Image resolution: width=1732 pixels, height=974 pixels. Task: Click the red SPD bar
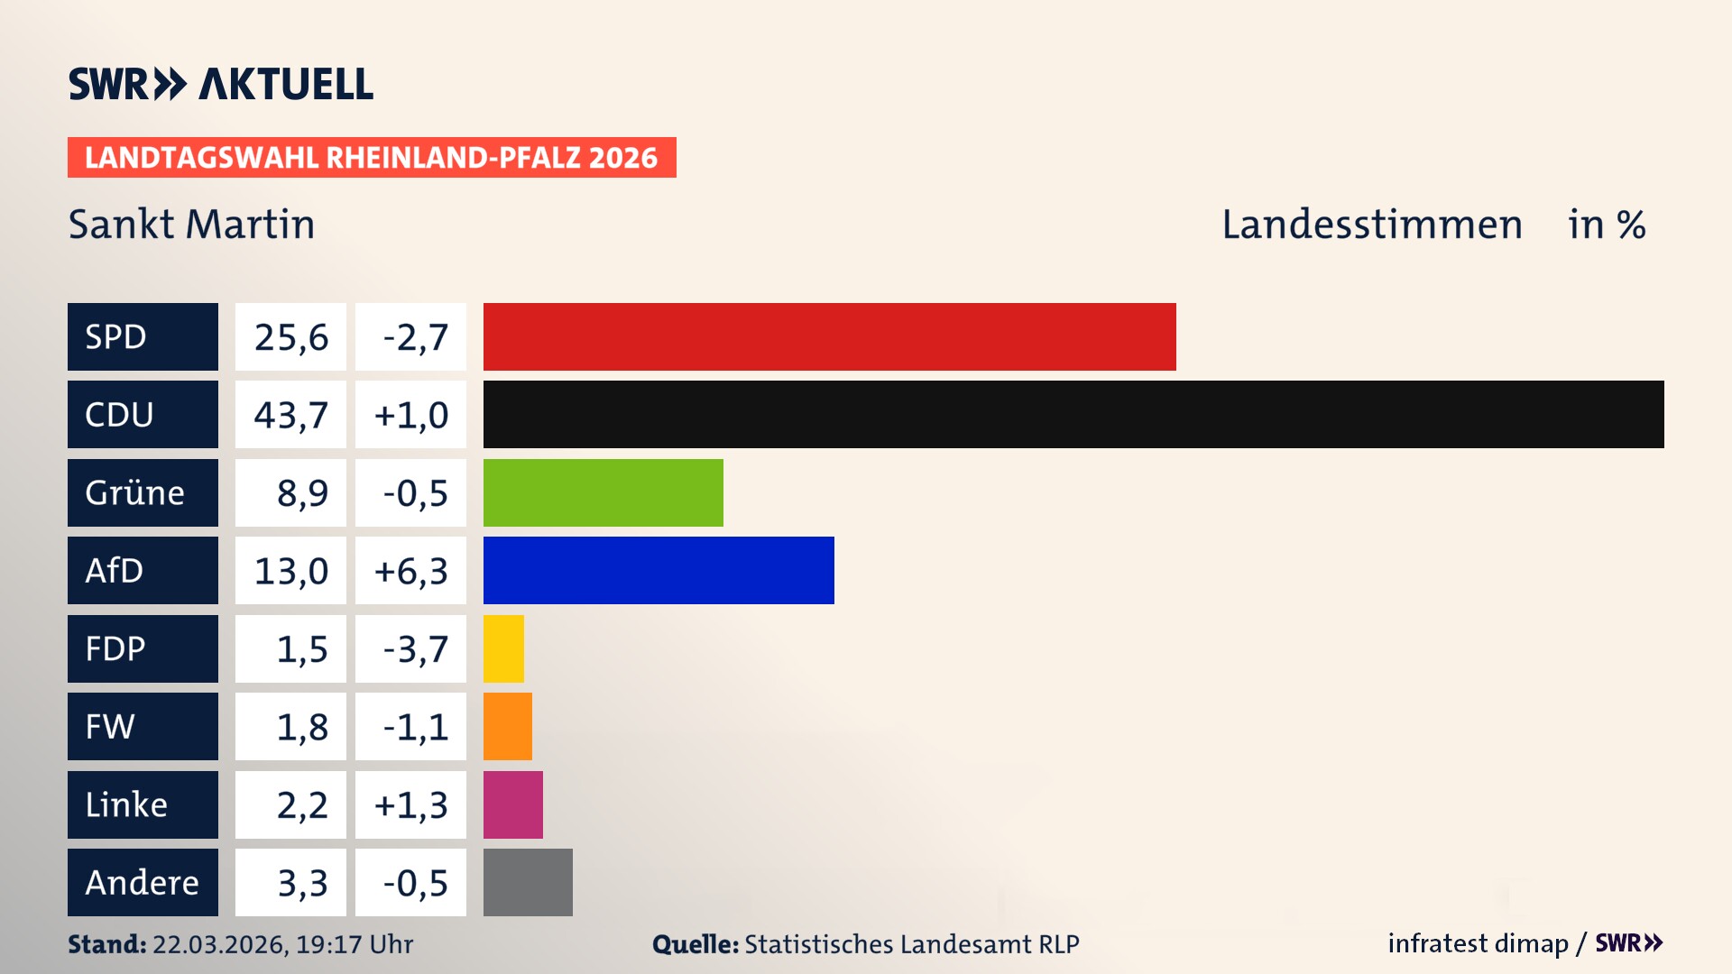click(829, 336)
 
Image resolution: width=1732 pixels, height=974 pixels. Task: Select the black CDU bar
click(1073, 414)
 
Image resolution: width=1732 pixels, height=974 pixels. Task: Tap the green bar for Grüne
click(603, 492)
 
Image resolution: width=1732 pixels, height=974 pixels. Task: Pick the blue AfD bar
click(659, 570)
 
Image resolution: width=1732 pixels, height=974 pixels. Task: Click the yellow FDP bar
click(503, 648)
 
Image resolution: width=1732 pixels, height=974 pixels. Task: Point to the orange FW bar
click(507, 726)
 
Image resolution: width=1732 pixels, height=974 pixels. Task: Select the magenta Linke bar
click(512, 804)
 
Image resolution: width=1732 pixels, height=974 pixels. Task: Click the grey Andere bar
click(528, 882)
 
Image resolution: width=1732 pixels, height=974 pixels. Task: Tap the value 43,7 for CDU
click(290, 415)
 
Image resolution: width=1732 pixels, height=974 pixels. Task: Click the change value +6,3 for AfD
click(410, 571)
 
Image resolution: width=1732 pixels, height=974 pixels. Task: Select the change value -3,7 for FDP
click(414, 649)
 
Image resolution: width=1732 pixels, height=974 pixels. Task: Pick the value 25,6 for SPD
click(290, 337)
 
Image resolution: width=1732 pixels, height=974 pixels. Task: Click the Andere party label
click(143, 882)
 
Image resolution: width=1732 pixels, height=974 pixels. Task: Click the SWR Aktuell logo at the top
click(220, 84)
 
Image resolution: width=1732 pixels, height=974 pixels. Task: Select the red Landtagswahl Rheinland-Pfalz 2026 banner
click(371, 158)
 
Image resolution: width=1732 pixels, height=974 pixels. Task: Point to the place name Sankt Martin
click(191, 225)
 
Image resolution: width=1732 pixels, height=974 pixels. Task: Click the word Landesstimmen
click(1371, 225)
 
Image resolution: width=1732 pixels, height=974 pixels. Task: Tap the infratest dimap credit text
click(1477, 943)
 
